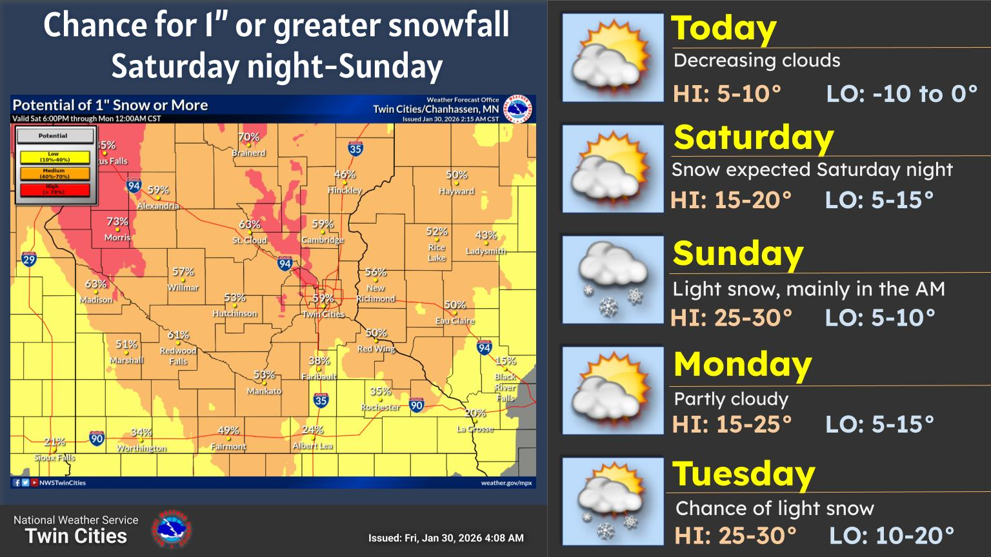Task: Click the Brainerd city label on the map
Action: (248, 153)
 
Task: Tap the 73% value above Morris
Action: (117, 221)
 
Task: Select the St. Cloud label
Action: (250, 240)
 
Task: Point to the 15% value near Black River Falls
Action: (505, 361)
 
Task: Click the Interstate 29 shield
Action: (29, 260)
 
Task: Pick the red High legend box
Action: (55, 190)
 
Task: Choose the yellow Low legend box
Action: (55, 157)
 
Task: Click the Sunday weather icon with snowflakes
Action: (612, 280)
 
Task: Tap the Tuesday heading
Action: (743, 474)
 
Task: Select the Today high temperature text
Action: (727, 94)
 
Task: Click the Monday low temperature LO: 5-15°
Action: (879, 424)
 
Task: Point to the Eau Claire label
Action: (455, 321)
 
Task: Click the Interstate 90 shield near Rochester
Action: (417, 406)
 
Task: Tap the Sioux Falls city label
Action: (55, 458)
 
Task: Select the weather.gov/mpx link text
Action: (506, 483)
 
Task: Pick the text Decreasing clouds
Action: (757, 61)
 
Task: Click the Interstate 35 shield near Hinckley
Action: (355, 148)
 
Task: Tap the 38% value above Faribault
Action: (319, 361)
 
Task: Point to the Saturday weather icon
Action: (612, 169)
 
